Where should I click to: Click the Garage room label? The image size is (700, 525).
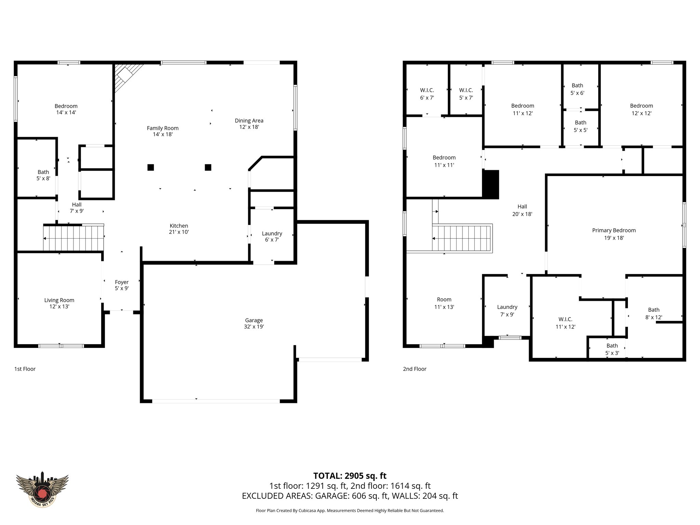point(254,320)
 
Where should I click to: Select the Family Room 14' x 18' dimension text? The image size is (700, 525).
point(163,134)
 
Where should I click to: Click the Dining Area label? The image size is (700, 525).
point(249,121)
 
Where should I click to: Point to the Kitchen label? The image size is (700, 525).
point(179,226)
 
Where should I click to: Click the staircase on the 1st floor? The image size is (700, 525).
point(73,238)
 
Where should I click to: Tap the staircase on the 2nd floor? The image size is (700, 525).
point(461,238)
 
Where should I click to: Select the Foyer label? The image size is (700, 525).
point(122,282)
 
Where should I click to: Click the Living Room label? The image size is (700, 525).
point(59,300)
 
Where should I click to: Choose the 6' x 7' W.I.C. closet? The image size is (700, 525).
point(427,94)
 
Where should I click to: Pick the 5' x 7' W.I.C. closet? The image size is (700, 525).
point(466,94)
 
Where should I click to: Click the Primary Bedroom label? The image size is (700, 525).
point(614,230)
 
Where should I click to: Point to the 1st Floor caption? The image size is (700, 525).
point(25,369)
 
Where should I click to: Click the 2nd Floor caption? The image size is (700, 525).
point(415,369)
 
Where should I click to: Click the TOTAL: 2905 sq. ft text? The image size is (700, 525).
point(350,476)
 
